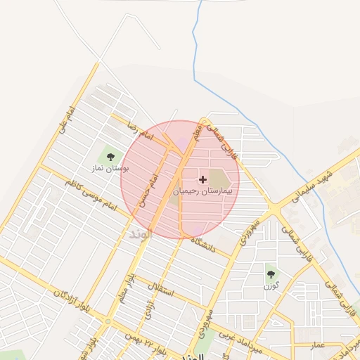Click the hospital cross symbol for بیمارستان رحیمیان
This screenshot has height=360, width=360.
203,179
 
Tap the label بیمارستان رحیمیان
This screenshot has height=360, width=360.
205,191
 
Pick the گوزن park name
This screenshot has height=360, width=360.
271,287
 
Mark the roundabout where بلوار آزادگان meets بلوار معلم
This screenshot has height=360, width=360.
108,321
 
